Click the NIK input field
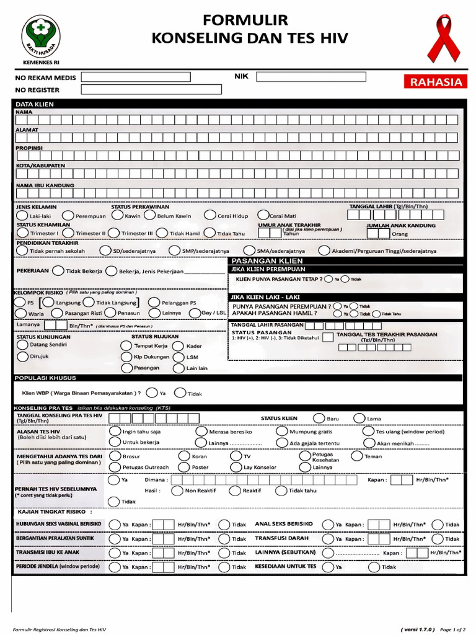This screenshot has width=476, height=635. point(311,77)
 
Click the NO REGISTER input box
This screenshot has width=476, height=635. point(151,90)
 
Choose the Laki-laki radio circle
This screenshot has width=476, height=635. point(22,215)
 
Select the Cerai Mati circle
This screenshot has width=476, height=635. point(263,215)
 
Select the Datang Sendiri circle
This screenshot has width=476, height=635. point(22,344)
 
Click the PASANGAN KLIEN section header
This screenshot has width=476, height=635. point(267,261)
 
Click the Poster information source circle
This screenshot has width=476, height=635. point(184,467)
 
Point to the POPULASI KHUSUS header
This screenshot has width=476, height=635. point(45,378)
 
